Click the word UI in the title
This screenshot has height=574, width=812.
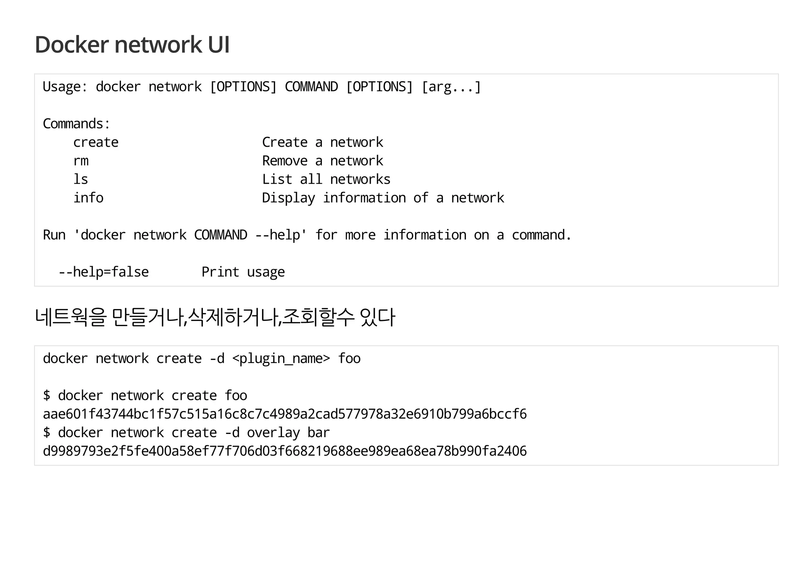218,44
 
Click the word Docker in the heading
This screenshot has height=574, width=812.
72,44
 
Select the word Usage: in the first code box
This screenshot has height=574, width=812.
65,86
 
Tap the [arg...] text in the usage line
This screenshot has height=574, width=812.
451,86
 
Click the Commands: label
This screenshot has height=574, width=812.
76,124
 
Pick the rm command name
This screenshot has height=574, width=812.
81,161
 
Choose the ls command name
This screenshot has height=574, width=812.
80,179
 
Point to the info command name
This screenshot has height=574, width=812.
88,198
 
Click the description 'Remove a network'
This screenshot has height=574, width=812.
322,161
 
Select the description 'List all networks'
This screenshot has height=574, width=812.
326,179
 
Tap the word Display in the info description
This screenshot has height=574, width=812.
288,198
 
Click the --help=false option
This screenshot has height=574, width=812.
103,272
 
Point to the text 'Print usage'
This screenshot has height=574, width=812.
243,272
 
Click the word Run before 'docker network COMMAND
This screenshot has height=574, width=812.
54,235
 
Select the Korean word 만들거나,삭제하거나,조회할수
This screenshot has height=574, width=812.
233,317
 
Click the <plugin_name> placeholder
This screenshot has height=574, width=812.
281,359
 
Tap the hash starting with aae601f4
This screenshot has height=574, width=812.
285,414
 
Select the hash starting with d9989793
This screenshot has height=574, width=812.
285,451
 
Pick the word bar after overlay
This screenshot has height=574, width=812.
318,433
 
